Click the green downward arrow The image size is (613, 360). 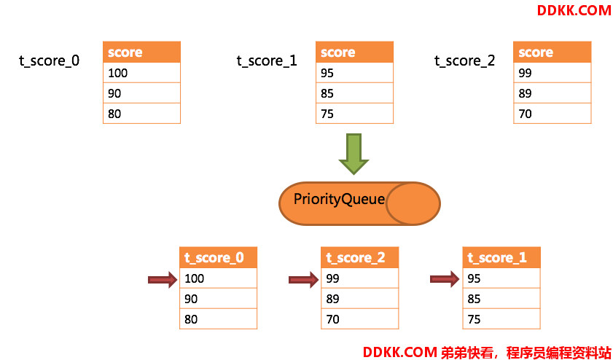tap(354, 154)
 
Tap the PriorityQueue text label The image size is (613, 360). tap(339, 200)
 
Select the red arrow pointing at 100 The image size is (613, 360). tap(163, 280)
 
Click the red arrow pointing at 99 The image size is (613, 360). tap(304, 280)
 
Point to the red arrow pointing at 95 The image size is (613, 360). tap(445, 279)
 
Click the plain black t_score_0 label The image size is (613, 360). tap(50, 61)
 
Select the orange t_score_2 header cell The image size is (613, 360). tap(359, 257)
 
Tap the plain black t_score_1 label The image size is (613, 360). tap(267, 61)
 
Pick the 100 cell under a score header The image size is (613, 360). tap(141, 73)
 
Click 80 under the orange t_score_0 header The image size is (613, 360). tap(218, 319)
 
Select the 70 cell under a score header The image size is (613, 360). tap(552, 114)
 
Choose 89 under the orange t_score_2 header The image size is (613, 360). tap(359, 299)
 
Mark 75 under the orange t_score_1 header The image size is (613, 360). tap(501, 319)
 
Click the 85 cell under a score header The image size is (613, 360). tap(354, 93)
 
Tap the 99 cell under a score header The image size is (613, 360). tap(552, 73)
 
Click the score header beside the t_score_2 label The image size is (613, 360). tap(552, 52)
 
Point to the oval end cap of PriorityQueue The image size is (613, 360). tap(413, 203)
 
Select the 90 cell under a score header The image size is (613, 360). tap(141, 93)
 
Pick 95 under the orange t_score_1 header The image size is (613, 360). tap(501, 278)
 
